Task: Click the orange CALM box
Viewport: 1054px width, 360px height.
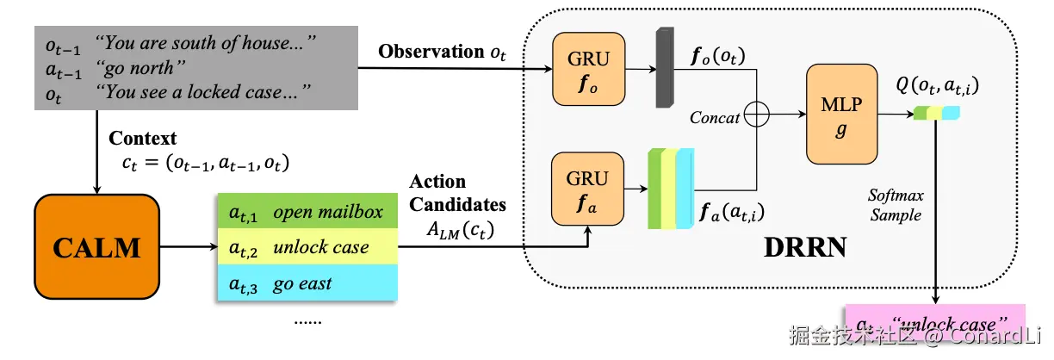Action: click(x=96, y=247)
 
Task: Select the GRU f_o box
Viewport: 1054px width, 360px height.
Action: click(x=588, y=70)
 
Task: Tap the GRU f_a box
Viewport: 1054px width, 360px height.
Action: click(x=588, y=189)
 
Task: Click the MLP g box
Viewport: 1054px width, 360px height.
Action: click(x=841, y=114)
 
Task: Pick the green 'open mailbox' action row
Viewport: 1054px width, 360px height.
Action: click(x=306, y=213)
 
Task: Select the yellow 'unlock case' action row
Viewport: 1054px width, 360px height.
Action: click(x=306, y=248)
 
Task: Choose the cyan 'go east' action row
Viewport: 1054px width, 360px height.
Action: click(x=306, y=284)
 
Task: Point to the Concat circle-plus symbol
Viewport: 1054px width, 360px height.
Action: click(x=755, y=115)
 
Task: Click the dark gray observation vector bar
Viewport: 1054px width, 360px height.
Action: click(x=665, y=68)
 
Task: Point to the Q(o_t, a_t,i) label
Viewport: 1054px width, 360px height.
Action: click(x=938, y=86)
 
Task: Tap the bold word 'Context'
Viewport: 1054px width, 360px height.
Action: click(x=142, y=138)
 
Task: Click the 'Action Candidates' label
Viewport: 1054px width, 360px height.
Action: click(x=456, y=194)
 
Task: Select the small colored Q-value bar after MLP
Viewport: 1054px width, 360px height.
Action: click(x=937, y=113)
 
